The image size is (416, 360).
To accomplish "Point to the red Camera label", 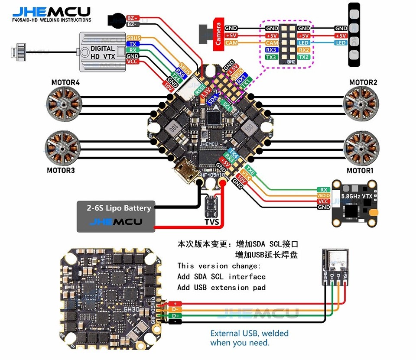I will point(218,34).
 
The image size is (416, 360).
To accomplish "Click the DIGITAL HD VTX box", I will point(103,52).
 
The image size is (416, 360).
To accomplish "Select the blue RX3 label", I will point(272,50).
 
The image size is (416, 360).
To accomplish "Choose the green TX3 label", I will point(272,57).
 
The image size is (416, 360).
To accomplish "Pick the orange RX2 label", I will point(304,50).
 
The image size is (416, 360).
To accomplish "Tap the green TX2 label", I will point(304,57).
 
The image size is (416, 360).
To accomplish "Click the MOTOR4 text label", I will point(65,82).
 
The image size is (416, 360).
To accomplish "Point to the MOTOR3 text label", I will point(61,170).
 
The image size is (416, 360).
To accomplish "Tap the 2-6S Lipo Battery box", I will point(116,216).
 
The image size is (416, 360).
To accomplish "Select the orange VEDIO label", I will point(323,195).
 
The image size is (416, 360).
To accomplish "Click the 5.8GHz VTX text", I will point(356,196).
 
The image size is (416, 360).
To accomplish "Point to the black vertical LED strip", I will point(354,34).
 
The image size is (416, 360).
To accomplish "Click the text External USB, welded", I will point(249,333).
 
